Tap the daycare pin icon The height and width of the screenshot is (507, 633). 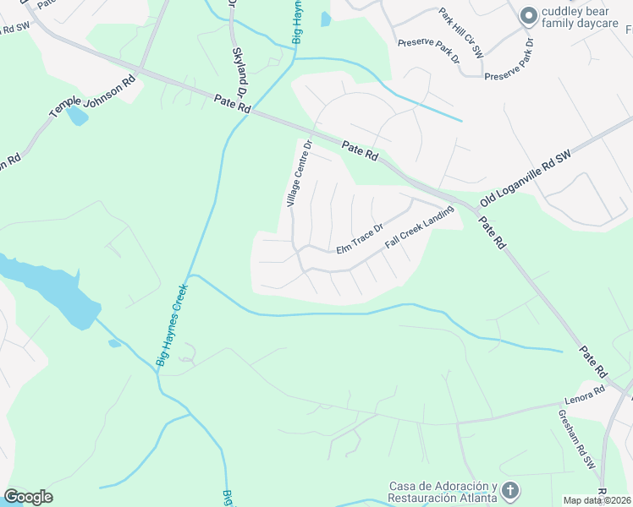click(x=529, y=16)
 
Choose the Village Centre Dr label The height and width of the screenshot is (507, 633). click(x=300, y=174)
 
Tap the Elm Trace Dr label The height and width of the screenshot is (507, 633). click(x=360, y=238)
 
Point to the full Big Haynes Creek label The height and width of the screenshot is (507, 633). click(x=172, y=325)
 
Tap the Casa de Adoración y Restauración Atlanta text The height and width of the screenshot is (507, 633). click(x=443, y=492)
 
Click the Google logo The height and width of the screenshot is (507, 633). click(x=28, y=497)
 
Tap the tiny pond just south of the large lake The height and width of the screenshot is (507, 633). click(x=114, y=343)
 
